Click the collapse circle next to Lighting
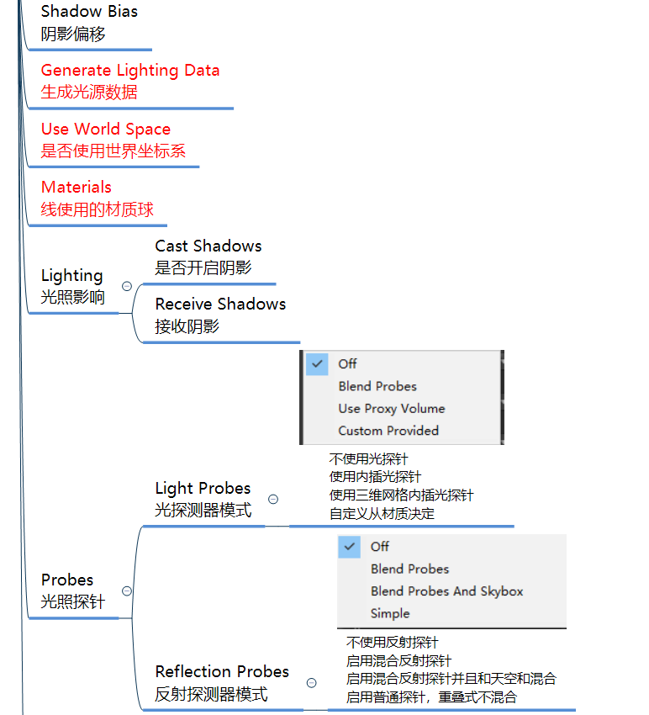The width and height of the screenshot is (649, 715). [127, 286]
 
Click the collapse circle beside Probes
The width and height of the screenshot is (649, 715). [127, 591]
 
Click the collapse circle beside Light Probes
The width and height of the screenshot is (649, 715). [272, 499]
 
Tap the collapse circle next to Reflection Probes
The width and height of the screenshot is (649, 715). [311, 682]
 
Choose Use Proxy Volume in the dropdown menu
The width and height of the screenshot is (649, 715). [391, 409]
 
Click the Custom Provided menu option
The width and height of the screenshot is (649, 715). [388, 431]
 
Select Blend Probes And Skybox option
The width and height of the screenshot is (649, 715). [446, 591]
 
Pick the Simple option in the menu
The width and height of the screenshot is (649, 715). [390, 613]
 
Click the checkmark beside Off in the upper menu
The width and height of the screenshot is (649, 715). [317, 363]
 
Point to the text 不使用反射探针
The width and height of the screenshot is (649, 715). [392, 643]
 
